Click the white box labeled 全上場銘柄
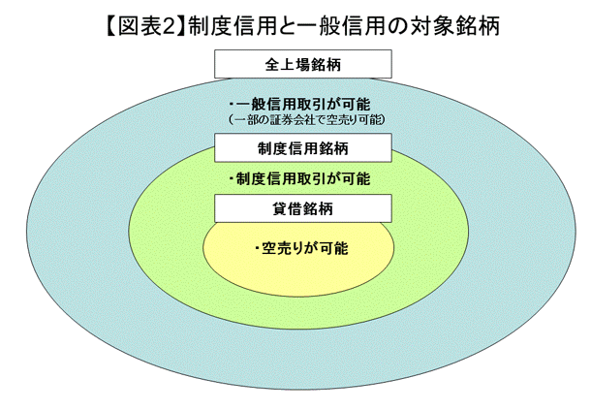(303, 64)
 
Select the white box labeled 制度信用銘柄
(303, 148)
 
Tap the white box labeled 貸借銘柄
(303, 208)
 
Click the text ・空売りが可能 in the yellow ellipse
(300, 248)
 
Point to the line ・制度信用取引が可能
(300, 178)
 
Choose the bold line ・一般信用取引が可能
(300, 104)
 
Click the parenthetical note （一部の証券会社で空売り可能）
(306, 120)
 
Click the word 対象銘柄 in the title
(454, 25)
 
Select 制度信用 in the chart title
(233, 25)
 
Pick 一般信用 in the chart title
(344, 25)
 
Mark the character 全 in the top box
(272, 65)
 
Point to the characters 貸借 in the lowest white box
(288, 209)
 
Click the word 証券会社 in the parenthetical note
(296, 120)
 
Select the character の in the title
(399, 26)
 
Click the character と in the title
(289, 26)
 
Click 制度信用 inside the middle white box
(288, 148)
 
